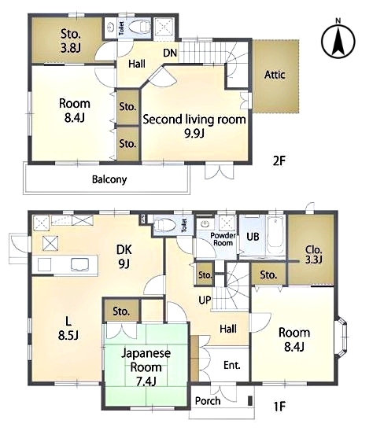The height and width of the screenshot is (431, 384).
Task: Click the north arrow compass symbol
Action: point(338,40)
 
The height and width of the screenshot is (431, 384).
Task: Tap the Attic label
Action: point(275,75)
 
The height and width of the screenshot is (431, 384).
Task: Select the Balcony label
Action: point(109,179)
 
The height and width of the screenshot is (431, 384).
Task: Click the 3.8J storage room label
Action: point(70,41)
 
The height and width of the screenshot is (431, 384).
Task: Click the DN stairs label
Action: point(170,53)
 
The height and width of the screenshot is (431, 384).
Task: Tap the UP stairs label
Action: point(205,300)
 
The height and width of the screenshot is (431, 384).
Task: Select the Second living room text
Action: point(194,120)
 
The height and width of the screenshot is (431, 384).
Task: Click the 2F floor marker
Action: point(279,161)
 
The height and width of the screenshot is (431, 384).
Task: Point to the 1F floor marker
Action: point(280,407)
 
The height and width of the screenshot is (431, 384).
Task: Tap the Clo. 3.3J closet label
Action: point(313,255)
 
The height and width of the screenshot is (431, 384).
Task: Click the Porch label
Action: point(208,401)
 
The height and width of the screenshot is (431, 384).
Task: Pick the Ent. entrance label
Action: point(232,365)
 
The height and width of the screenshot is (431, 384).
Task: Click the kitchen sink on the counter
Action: point(80,265)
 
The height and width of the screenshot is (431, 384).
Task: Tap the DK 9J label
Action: point(124,256)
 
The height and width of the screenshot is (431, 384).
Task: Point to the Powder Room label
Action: point(223,239)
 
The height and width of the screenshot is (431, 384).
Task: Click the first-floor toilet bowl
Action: point(164,226)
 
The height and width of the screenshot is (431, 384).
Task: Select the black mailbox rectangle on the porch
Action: point(250,400)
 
